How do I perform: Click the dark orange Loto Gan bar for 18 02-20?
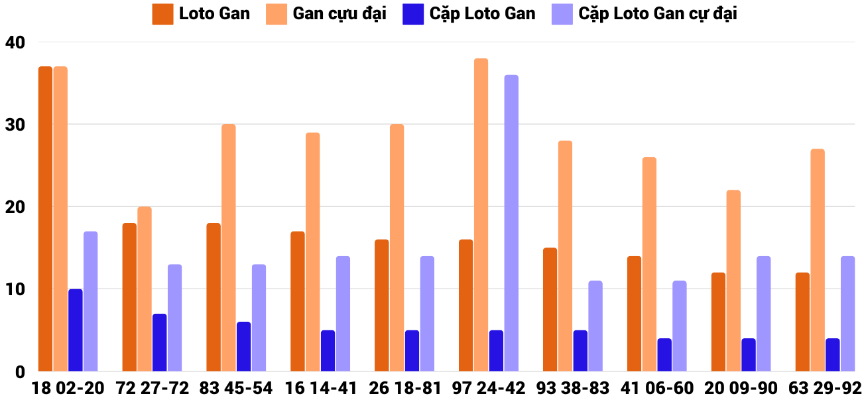[45, 219]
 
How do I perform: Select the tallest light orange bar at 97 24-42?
[481, 215]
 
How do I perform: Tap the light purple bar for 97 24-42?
[511, 223]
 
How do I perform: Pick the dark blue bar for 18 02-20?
[76, 330]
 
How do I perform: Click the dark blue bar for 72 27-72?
[159, 342]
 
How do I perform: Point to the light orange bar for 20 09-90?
[733, 281]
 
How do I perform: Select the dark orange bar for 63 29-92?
[802, 322]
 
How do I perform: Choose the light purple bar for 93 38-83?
[595, 326]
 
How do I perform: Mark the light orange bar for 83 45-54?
[228, 247]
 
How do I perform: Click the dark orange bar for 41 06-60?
[634, 314]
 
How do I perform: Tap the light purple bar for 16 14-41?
[343, 314]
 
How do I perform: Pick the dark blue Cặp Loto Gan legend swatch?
[412, 14]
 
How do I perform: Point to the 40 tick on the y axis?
[15, 42]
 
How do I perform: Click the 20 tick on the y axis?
[15, 207]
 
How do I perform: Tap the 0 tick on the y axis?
[19, 371]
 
